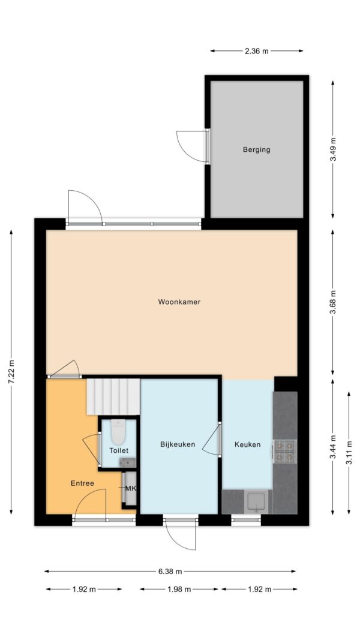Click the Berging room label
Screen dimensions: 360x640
pos(256,149)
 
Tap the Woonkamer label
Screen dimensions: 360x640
pos(179,302)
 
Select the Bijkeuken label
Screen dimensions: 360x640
pos(178,444)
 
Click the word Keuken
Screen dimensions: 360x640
pos(247,444)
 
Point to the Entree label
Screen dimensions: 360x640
pos(82,483)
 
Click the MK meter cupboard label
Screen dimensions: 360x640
pos(131,488)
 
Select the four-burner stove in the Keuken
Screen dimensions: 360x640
pos(285,451)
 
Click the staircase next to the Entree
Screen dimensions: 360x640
pos(113,396)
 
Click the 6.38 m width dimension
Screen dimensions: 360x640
pos(170,572)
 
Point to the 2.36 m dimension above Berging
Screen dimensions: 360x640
pos(257,51)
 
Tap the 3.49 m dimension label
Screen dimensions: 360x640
pos(333,149)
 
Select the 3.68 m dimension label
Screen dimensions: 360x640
pos(333,302)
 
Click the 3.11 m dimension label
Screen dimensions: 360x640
pos(349,453)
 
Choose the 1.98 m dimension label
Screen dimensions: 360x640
pos(179,589)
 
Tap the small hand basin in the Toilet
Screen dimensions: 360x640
pos(127,462)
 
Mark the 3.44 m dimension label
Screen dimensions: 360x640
pos(333,447)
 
